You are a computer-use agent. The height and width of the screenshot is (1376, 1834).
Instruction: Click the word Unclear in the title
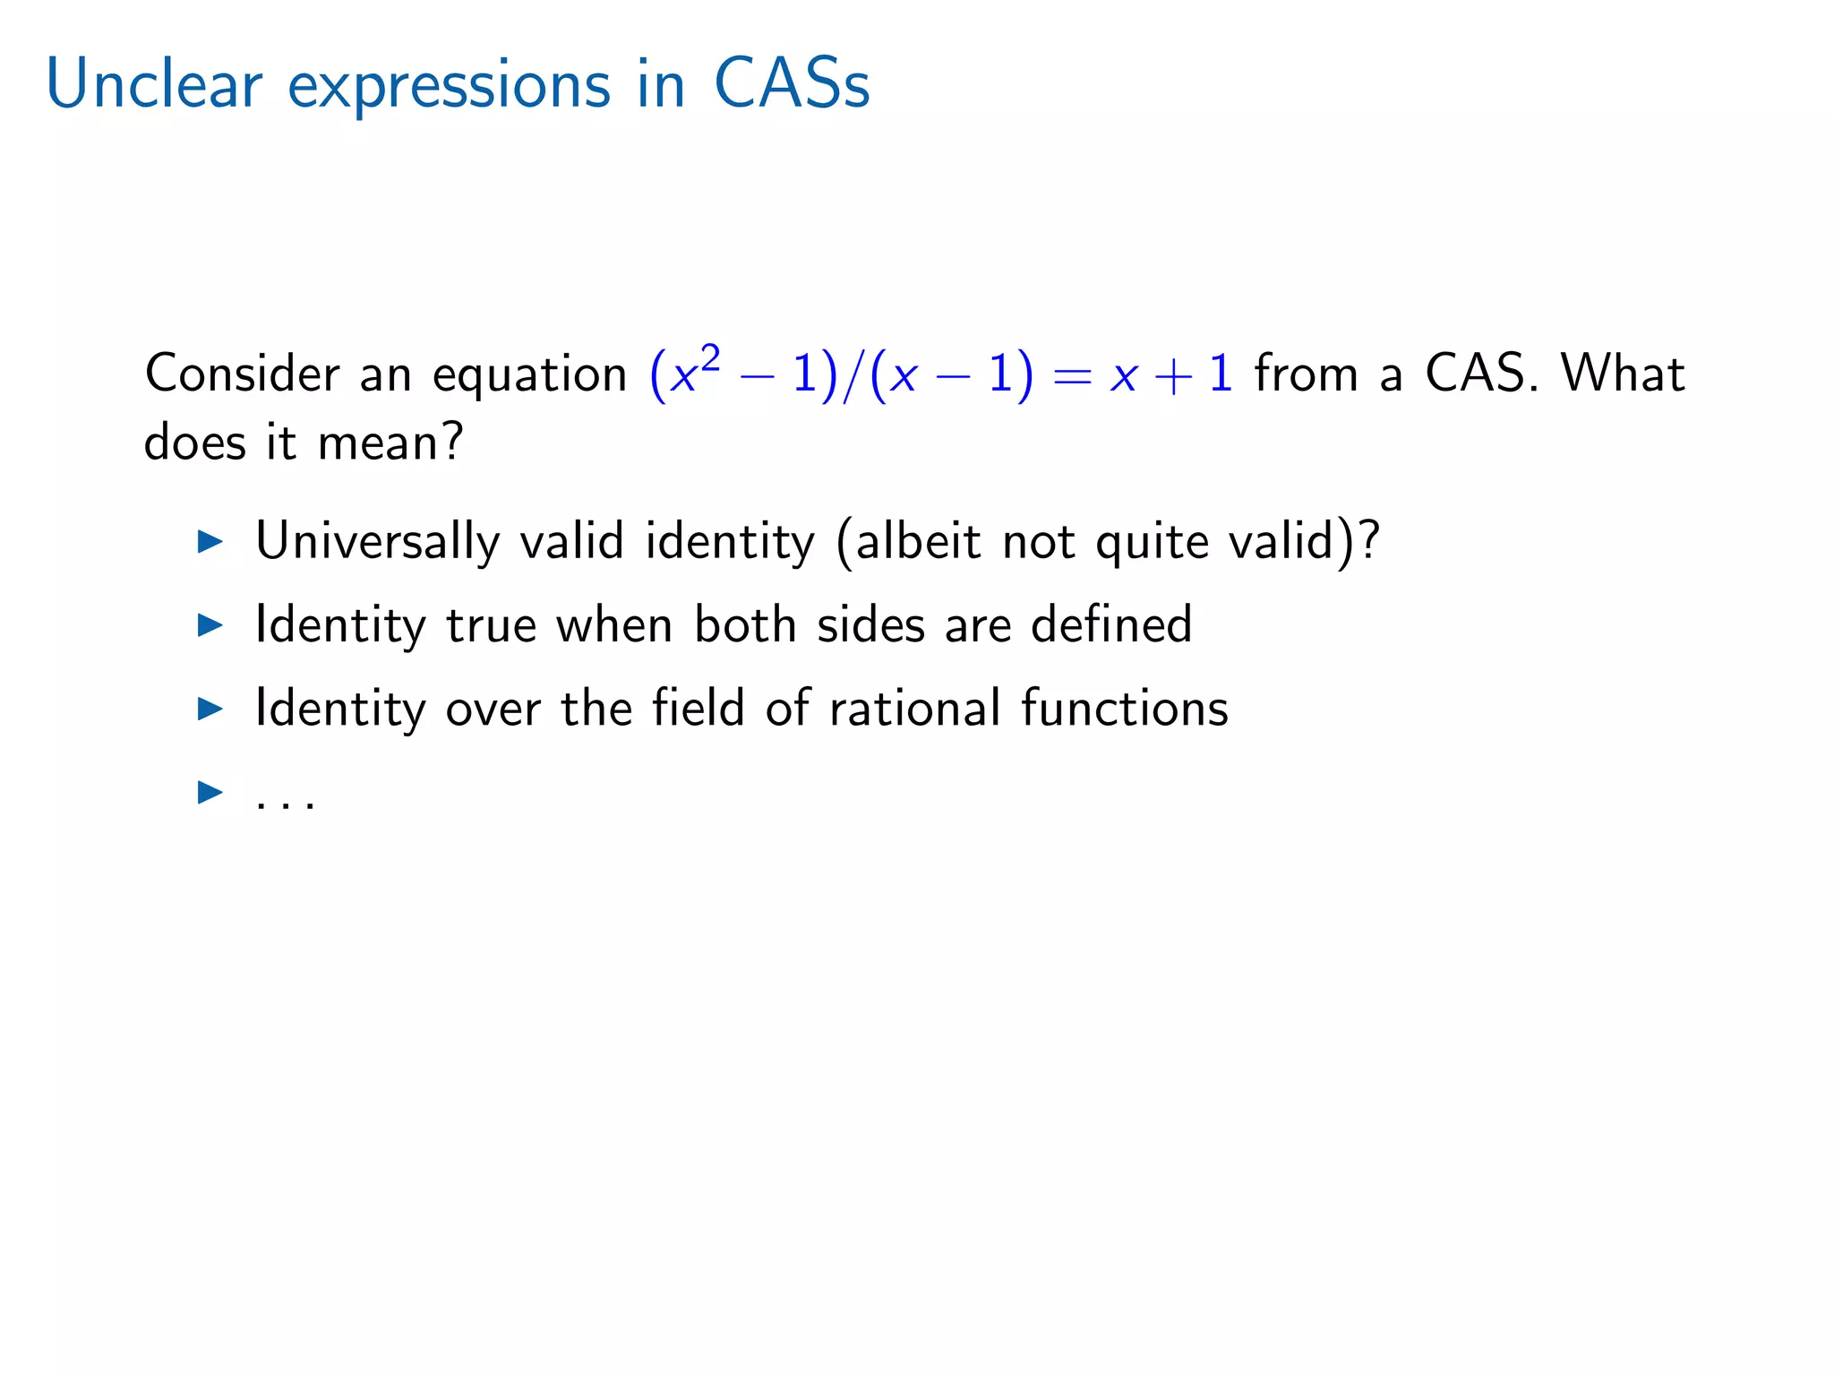pos(153,85)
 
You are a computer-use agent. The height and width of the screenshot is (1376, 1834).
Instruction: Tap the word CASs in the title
pos(792,85)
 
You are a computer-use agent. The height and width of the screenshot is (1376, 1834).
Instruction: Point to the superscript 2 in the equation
pos(710,359)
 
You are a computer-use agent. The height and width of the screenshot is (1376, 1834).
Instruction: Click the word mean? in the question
pos(390,443)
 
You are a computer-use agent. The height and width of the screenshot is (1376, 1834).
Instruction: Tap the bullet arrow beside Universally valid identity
pos(210,541)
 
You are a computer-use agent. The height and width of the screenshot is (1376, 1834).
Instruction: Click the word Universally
pos(377,541)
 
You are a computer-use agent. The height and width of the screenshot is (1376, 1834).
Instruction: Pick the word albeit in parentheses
pos(918,541)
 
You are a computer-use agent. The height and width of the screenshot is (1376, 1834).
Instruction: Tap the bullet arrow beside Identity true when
pos(210,625)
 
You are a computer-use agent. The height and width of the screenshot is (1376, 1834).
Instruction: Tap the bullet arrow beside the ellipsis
pos(210,792)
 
